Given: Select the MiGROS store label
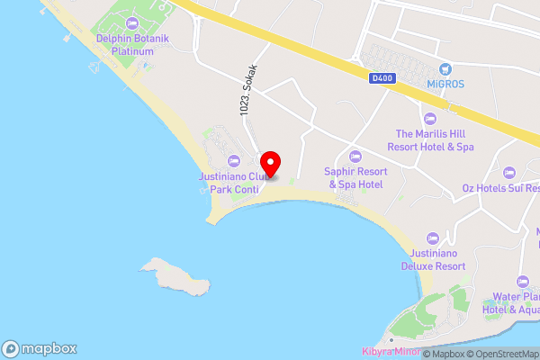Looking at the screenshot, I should (x=445, y=84).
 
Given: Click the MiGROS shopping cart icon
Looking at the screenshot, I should (x=445, y=68).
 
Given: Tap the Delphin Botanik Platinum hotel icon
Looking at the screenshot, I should (x=133, y=22).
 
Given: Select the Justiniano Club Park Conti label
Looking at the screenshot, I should (x=234, y=184).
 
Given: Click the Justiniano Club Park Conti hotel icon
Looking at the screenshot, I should (x=234, y=161).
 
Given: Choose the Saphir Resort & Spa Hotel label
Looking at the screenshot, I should (x=355, y=177).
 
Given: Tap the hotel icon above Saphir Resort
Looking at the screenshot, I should (x=355, y=156).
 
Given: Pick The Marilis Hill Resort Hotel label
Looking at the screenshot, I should (x=430, y=139).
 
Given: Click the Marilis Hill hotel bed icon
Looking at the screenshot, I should (x=430, y=118).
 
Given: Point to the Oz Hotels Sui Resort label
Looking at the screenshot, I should (x=500, y=189).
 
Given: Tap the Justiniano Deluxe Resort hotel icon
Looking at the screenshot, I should (x=432, y=238).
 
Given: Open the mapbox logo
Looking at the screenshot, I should (x=40, y=348).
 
